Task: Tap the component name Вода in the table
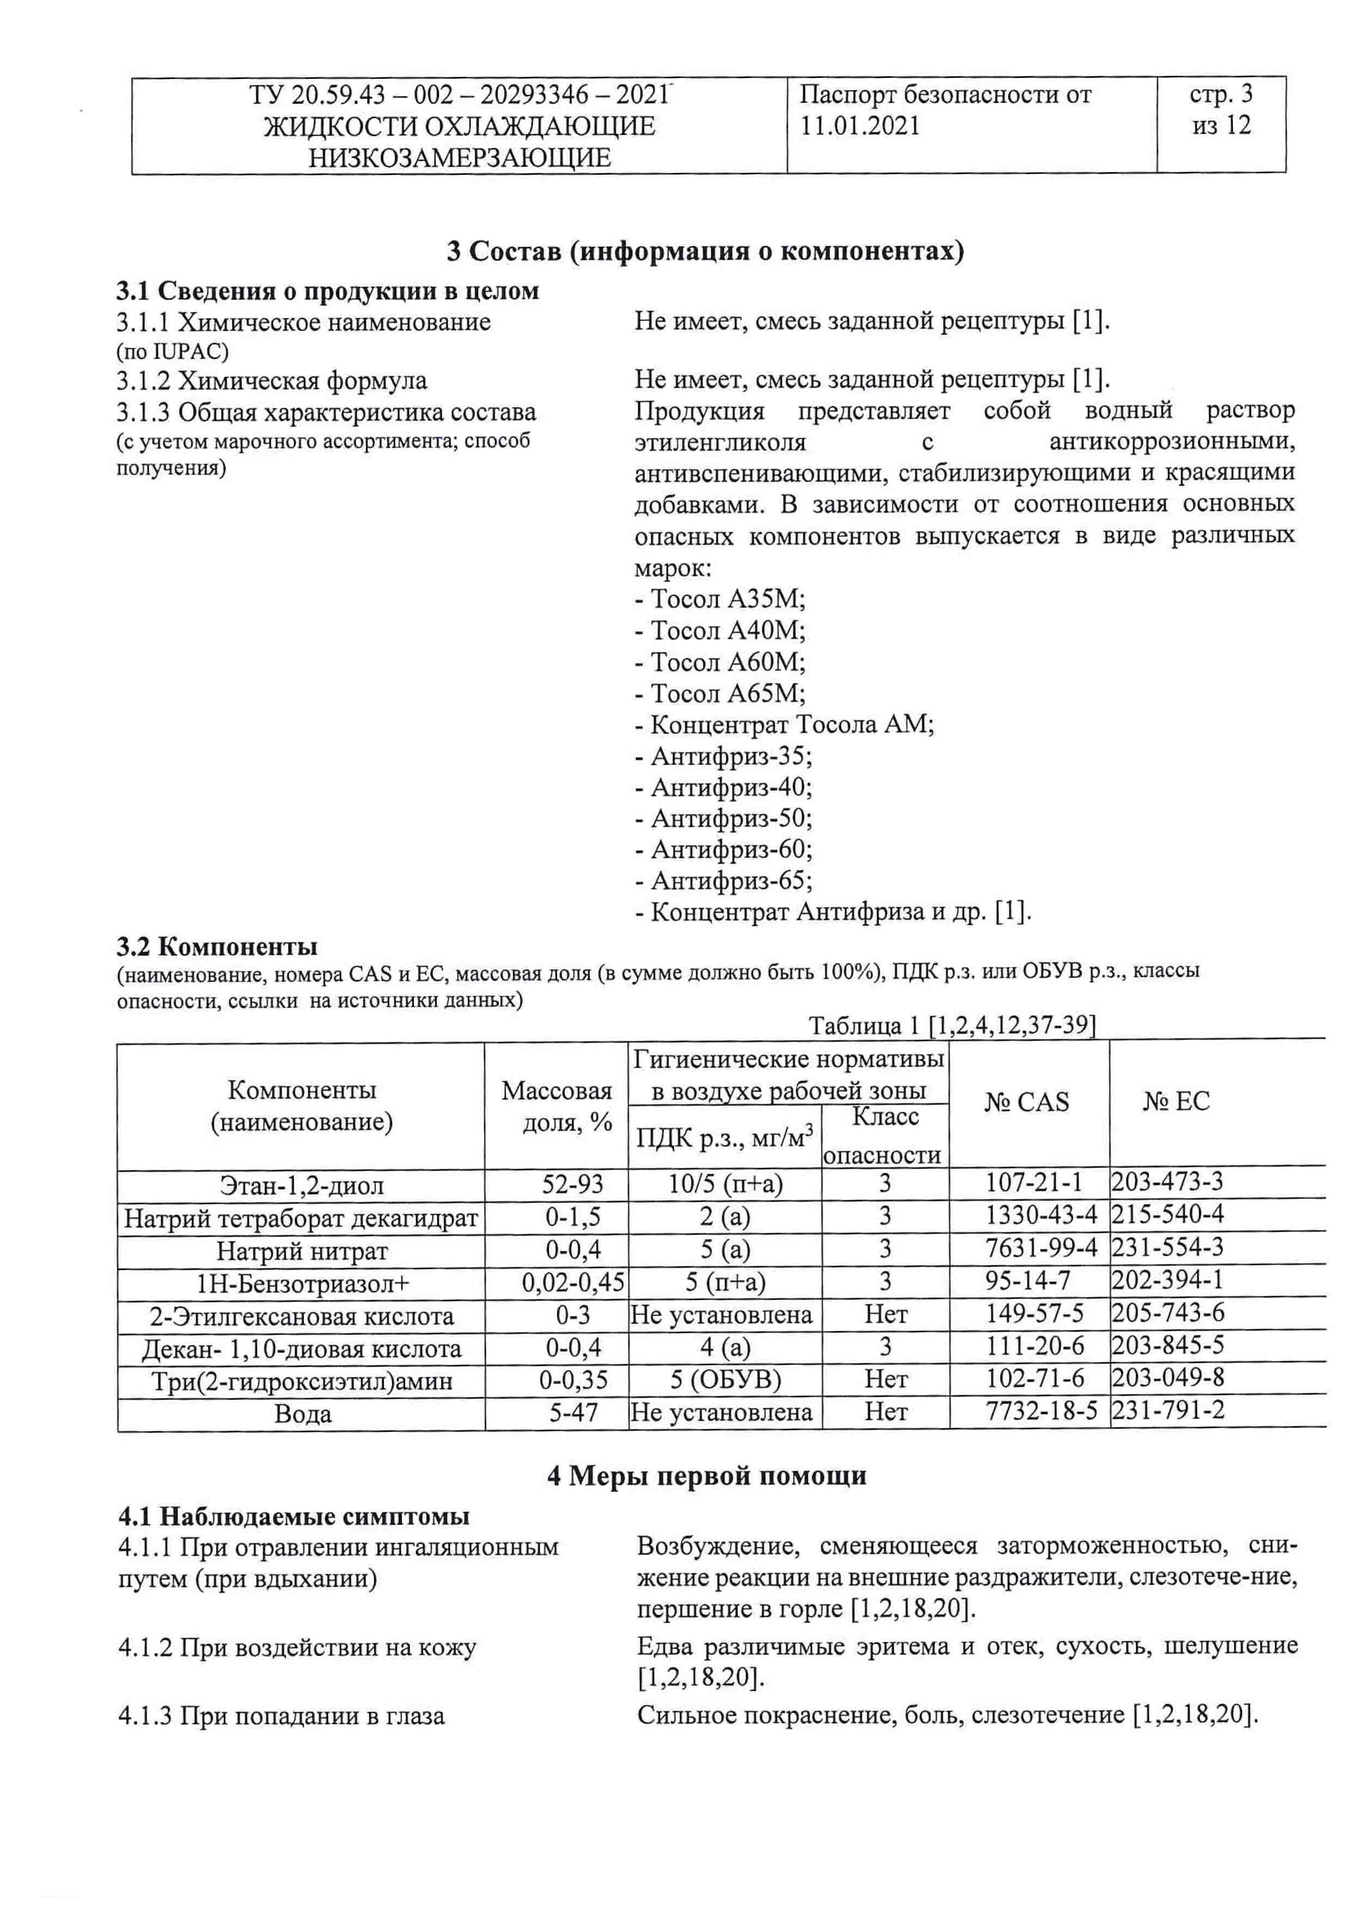click(303, 1414)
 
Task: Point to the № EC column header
click(1176, 1101)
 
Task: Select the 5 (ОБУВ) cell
click(725, 1379)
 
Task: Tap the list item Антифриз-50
click(724, 818)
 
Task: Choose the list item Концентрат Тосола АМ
click(785, 725)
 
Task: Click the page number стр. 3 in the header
click(1220, 94)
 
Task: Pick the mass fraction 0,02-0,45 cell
click(573, 1282)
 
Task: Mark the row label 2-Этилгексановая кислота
click(302, 1316)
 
